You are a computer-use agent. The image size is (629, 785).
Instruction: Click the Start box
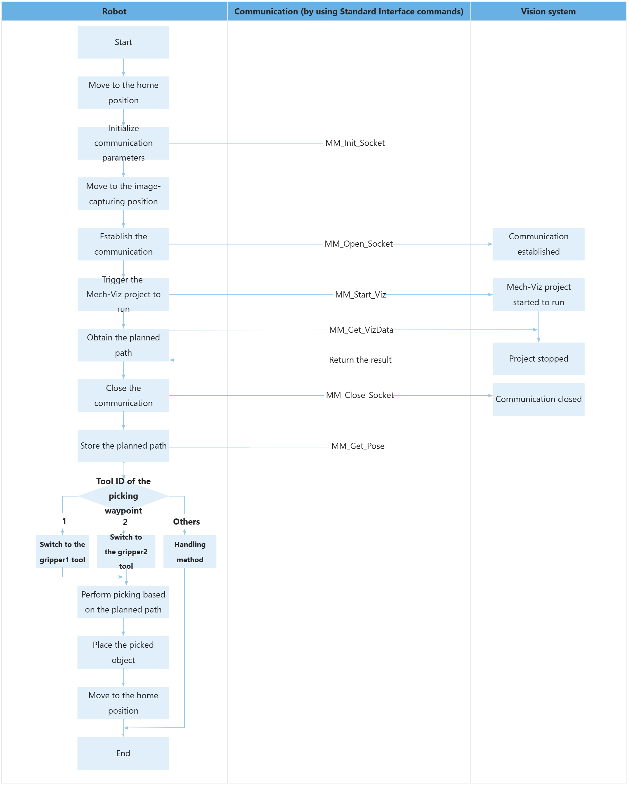123,42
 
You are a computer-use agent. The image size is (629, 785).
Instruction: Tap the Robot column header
114,11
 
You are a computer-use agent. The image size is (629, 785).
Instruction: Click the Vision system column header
548,11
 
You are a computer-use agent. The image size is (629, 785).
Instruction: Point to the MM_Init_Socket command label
355,143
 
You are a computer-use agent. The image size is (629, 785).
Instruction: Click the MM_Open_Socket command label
358,244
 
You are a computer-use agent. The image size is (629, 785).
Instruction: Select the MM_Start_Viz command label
360,294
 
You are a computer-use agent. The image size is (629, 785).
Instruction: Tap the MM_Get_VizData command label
361,330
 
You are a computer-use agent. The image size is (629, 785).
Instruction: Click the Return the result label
360,360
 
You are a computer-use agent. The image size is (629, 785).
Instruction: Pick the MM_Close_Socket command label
359,395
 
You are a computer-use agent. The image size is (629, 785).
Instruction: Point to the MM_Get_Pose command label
358,446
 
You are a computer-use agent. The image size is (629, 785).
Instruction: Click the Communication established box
538,244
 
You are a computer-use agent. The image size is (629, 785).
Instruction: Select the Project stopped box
538,358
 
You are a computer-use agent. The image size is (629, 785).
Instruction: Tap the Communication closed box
538,399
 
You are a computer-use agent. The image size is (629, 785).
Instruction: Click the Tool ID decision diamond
123,496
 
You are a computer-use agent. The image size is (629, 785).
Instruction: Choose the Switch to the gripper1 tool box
62,552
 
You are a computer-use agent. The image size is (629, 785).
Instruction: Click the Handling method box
190,552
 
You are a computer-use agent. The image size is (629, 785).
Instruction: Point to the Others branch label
186,522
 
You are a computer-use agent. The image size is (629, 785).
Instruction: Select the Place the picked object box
123,652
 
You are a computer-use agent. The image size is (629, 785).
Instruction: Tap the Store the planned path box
123,446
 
